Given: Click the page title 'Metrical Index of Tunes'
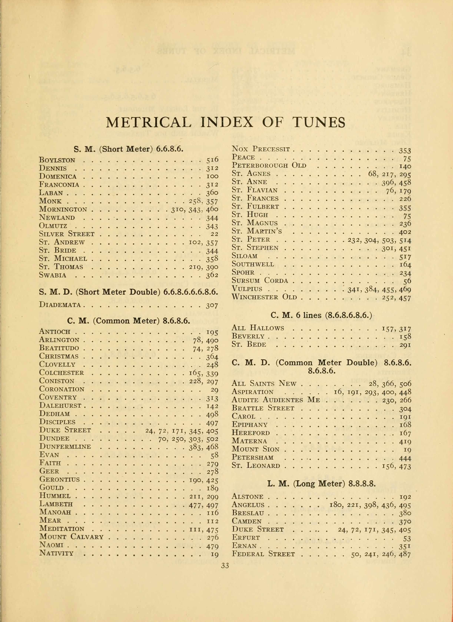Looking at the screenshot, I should point(225,123).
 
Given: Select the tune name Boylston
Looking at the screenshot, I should point(57,160).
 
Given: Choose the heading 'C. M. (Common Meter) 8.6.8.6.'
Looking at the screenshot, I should point(129,321).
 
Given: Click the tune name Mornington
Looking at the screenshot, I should point(63,209).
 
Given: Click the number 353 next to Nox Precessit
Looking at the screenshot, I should point(405,151).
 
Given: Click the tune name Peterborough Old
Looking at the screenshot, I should point(269,166).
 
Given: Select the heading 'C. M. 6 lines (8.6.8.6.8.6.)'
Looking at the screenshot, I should point(321,316).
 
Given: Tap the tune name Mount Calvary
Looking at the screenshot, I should point(71,537).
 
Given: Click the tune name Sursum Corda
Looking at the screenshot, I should point(260,281).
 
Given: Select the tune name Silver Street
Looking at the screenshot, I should point(67,234).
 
